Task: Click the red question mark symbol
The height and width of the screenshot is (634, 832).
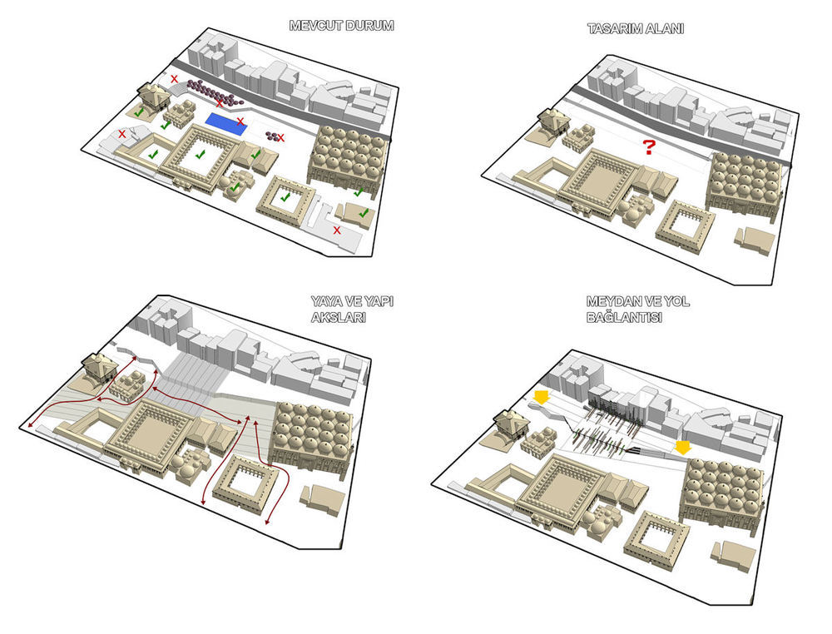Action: [x=648, y=149]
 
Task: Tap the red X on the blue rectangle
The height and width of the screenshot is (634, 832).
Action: [x=240, y=121]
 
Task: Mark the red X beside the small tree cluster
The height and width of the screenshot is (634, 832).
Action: [x=281, y=137]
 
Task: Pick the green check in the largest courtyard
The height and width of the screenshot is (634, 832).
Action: [x=200, y=154]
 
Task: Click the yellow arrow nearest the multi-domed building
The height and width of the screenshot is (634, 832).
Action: [x=683, y=448]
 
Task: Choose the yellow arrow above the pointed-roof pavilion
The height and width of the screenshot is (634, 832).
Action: [x=541, y=397]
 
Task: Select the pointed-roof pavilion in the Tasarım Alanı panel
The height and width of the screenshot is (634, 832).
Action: [x=552, y=121]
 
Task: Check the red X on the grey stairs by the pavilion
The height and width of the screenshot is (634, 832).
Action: [x=174, y=79]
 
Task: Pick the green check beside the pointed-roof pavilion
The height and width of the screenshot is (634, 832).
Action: [x=139, y=111]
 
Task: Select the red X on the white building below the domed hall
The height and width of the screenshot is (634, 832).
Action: [x=337, y=230]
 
